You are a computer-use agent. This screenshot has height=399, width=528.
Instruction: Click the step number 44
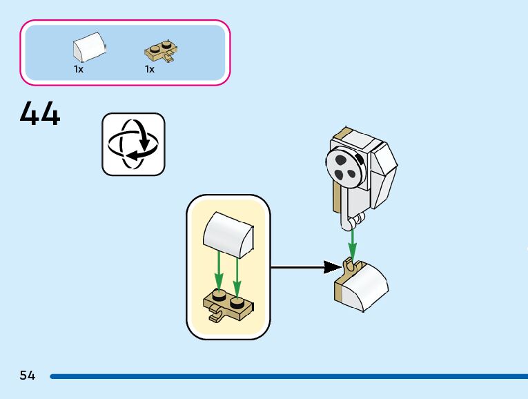[40, 114]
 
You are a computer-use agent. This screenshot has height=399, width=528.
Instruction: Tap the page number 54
[28, 376]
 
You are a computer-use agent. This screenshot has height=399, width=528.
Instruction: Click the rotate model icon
[134, 144]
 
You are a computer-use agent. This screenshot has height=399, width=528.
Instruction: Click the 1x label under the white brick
[79, 69]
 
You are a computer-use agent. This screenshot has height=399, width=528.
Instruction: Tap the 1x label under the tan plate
[150, 69]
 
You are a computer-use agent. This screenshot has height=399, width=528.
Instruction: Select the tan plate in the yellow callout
[228, 305]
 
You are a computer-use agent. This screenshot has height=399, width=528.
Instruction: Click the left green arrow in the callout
[219, 271]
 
